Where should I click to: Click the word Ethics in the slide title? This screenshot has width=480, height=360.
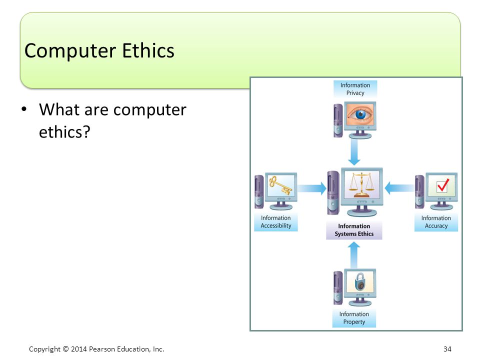pyautogui.click(x=148, y=50)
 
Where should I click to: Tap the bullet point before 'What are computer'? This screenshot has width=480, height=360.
pyautogui.click(x=24, y=109)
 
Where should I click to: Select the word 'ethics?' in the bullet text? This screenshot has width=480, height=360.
pyautogui.click(x=64, y=132)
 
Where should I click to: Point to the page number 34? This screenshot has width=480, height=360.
pyautogui.click(x=447, y=349)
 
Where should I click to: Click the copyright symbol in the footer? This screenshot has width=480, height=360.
pyautogui.click(x=66, y=349)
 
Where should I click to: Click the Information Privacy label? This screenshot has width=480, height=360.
pyautogui.click(x=355, y=89)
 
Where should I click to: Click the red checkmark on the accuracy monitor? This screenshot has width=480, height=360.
pyautogui.click(x=443, y=184)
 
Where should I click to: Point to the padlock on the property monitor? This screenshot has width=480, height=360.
pyautogui.click(x=360, y=282)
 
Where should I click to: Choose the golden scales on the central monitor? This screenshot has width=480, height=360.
pyautogui.click(x=361, y=185)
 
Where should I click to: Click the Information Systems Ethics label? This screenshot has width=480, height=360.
pyautogui.click(x=354, y=230)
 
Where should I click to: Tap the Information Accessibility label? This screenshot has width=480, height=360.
pyautogui.click(x=276, y=221)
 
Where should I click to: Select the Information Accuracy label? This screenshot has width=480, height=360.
pyautogui.click(x=436, y=222)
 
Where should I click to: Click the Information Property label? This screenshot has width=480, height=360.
pyautogui.click(x=354, y=318)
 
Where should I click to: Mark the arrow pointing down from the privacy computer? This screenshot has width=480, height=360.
pyautogui.click(x=354, y=152)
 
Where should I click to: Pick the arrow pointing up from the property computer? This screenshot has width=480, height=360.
pyautogui.click(x=354, y=255)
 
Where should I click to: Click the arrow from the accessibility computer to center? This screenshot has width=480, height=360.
pyautogui.click(x=312, y=188)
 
